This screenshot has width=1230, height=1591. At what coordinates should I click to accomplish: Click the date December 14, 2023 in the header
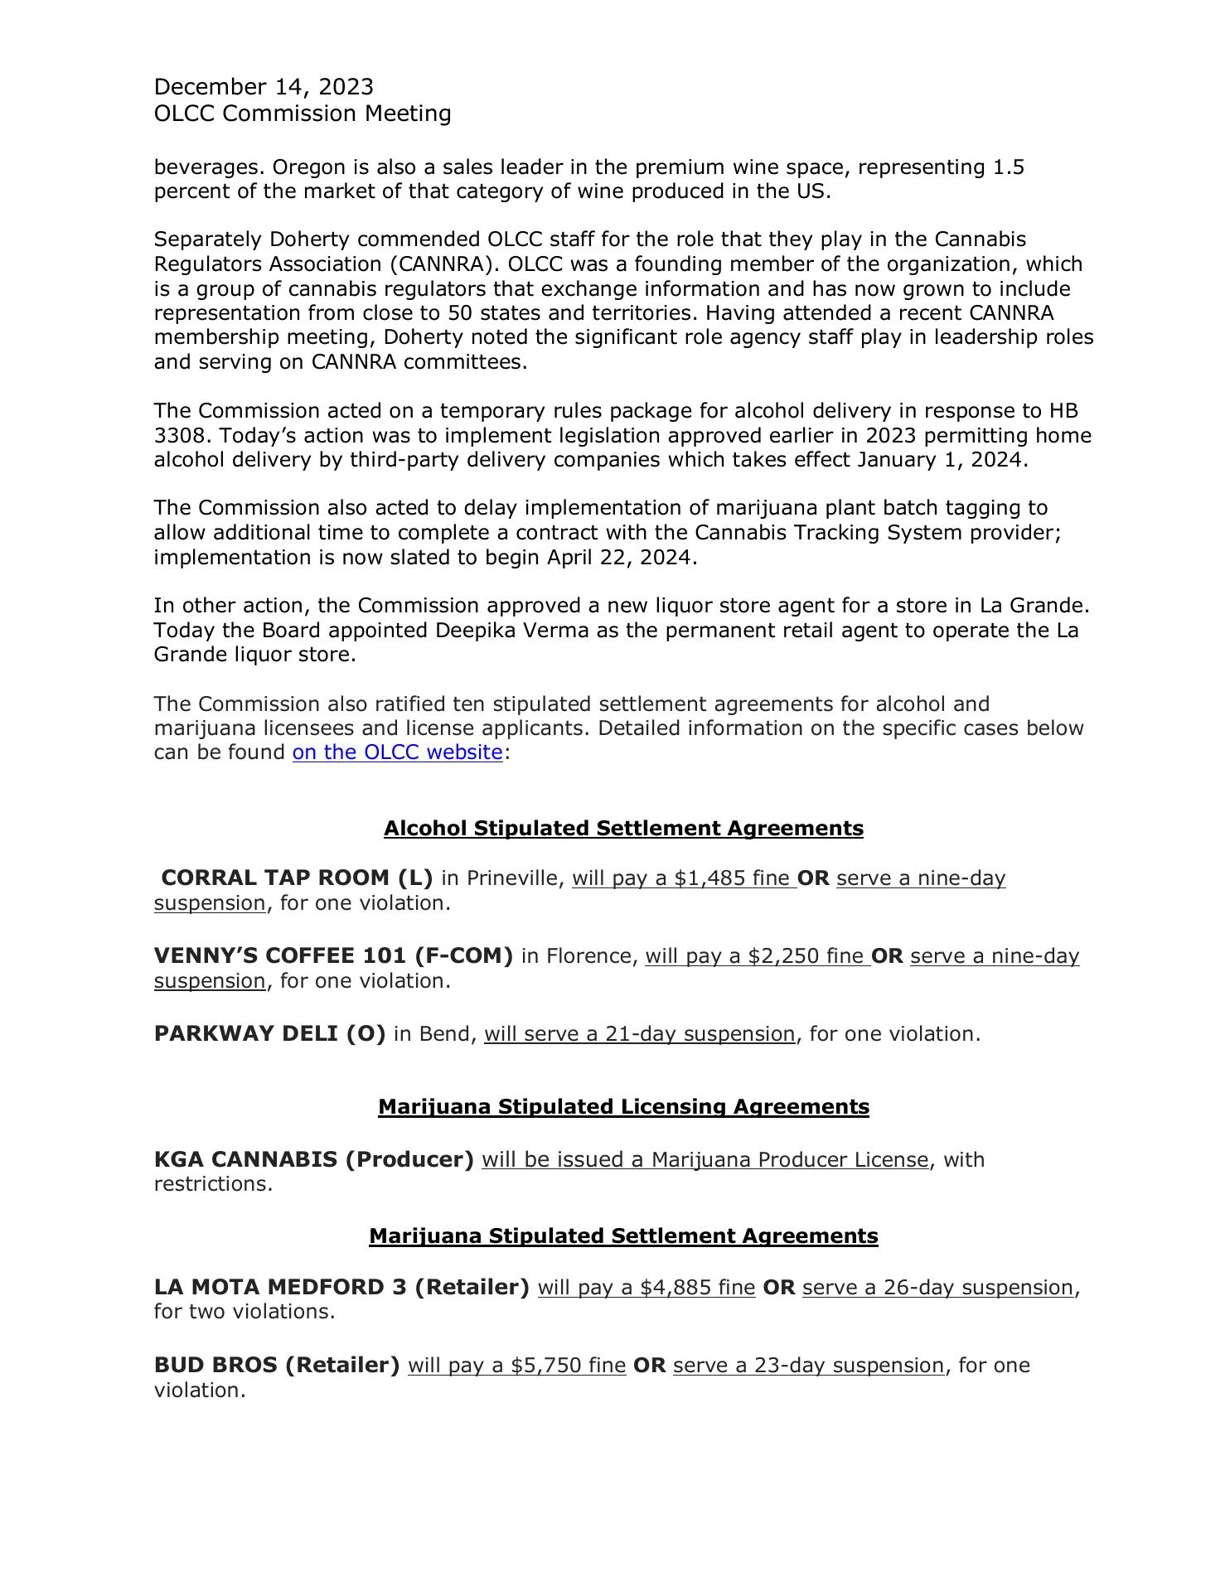pyautogui.click(x=264, y=87)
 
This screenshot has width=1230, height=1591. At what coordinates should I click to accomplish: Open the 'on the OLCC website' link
pyautogui.click(x=397, y=752)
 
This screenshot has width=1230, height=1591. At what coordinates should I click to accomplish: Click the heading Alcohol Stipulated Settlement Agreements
pyautogui.click(x=623, y=829)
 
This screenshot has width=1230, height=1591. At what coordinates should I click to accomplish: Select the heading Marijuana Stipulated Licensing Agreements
pyautogui.click(x=623, y=1107)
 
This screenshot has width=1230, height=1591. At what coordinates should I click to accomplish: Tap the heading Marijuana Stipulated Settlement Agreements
pyautogui.click(x=623, y=1236)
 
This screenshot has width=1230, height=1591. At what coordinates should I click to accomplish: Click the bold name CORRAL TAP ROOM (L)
pyautogui.click(x=297, y=878)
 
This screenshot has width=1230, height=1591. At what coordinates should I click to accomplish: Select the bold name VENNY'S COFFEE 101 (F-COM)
pyautogui.click(x=333, y=956)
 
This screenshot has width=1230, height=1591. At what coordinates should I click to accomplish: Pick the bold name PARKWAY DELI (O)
pyautogui.click(x=269, y=1034)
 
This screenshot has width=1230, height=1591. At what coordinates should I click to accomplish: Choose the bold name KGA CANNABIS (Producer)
pyautogui.click(x=313, y=1159)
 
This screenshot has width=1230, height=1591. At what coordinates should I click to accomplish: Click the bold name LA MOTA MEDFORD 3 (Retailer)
pyautogui.click(x=341, y=1287)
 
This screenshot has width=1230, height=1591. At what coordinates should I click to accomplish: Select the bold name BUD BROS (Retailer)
pyautogui.click(x=277, y=1365)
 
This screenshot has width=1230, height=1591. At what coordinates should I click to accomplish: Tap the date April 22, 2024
pyautogui.click(x=618, y=558)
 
